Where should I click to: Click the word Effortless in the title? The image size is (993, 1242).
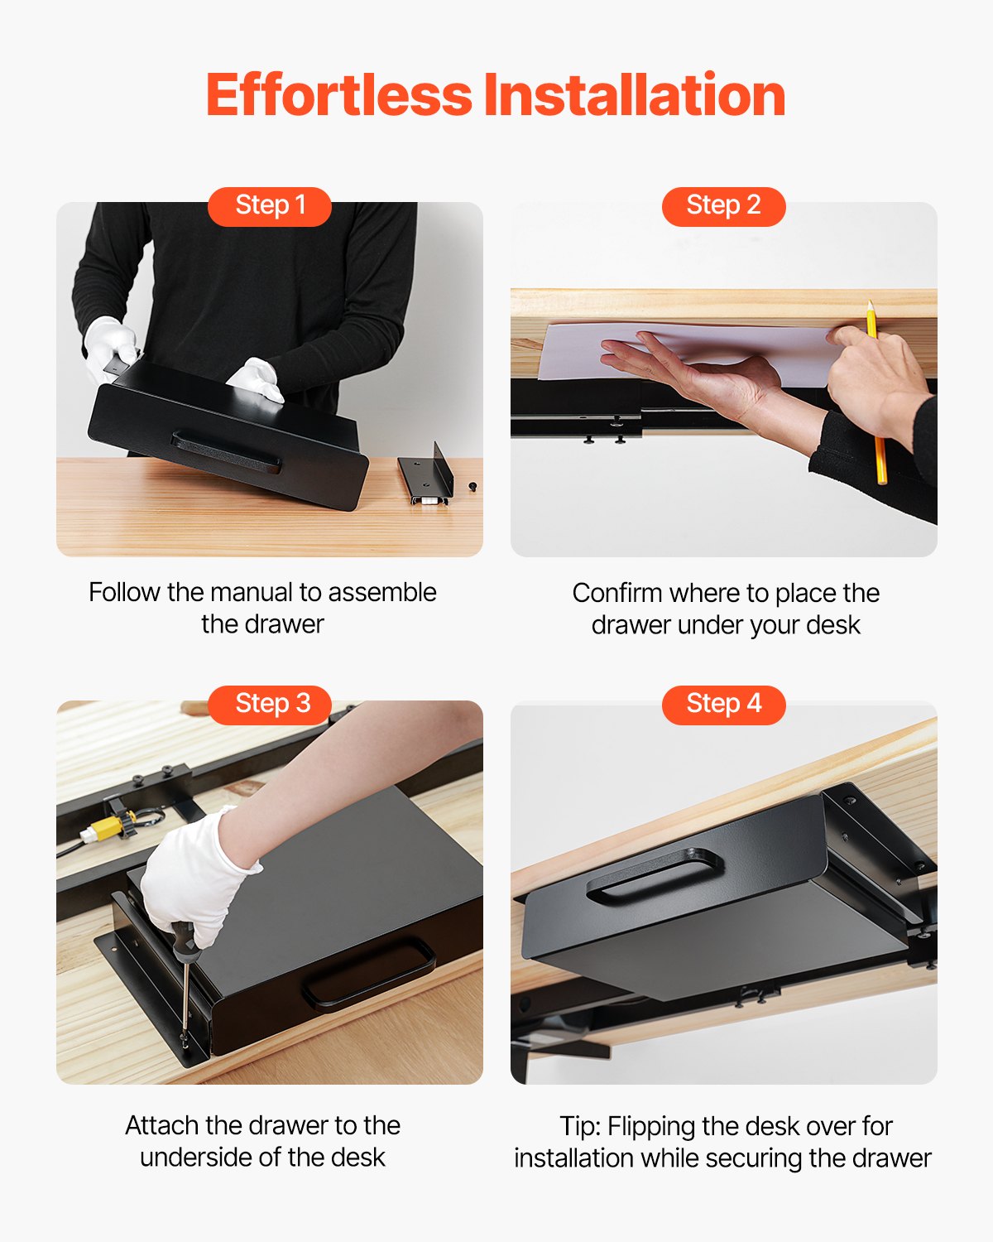(338, 95)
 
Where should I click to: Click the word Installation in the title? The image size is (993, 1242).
(635, 95)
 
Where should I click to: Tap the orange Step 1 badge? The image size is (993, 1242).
(270, 205)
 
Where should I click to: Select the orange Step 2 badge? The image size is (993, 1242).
(723, 205)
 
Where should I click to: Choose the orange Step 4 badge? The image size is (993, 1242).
(723, 704)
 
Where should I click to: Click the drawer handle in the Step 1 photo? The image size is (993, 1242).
(226, 451)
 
